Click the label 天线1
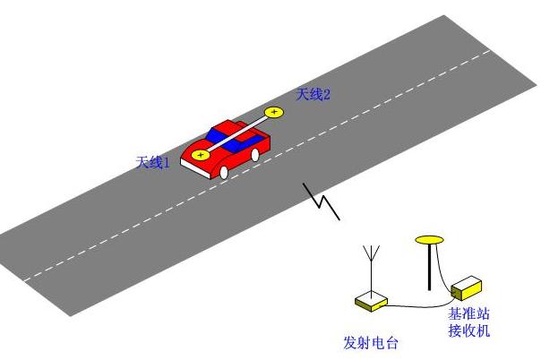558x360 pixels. tap(153, 163)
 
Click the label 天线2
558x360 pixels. tap(313, 95)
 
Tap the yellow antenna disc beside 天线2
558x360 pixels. tap(274, 113)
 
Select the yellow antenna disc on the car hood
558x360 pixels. tap(201, 155)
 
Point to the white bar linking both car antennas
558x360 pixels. tap(237, 133)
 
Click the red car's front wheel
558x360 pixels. tap(224, 173)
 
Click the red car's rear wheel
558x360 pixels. tap(254, 155)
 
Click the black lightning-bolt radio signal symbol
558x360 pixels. tap(322, 201)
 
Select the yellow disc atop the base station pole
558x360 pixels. tap(429, 240)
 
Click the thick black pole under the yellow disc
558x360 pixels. tap(430, 267)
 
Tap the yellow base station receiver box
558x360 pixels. tap(467, 287)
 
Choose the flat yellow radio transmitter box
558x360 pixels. tap(371, 302)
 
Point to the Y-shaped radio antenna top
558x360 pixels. tap(371, 253)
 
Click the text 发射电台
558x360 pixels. tap(371, 343)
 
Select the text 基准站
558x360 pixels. tap(468, 313)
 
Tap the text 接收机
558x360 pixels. tap(468, 330)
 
